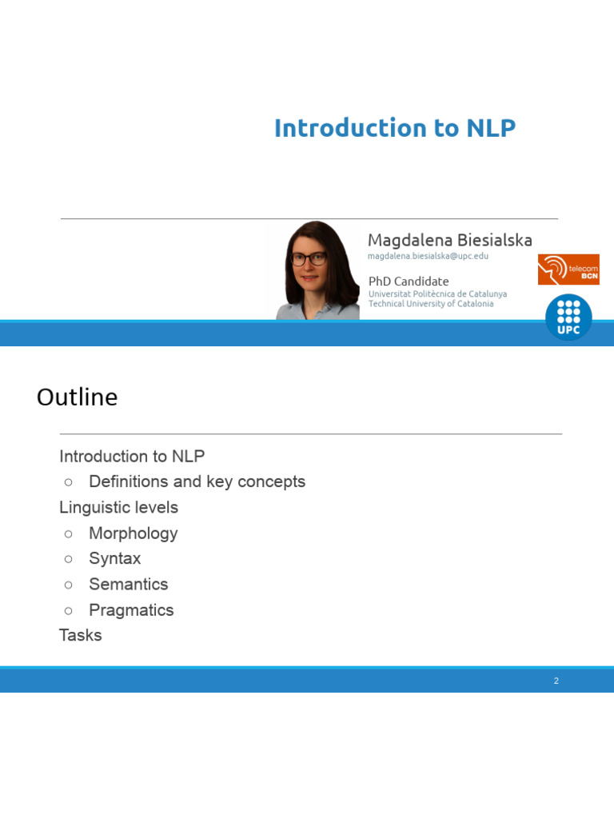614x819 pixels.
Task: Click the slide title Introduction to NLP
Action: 394,128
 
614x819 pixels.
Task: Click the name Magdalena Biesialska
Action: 449,240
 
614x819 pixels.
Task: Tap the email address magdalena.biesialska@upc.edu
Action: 428,256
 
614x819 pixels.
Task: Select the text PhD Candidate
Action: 408,281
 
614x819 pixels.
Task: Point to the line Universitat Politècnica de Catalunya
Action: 437,294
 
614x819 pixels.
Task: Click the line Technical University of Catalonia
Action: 430,304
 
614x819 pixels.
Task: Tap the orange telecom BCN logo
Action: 568,270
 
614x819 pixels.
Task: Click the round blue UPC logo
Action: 568,317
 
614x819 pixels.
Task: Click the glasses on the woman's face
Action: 309,259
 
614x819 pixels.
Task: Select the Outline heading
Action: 77,398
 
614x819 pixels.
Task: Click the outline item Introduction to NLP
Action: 132,456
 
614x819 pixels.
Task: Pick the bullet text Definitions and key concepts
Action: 197,481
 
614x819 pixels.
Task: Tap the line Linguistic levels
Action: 118,507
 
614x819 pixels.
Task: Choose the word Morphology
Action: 133,533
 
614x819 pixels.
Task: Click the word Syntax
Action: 114,558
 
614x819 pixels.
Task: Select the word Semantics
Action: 128,584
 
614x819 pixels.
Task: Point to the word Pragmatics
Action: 131,609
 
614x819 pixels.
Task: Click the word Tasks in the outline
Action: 80,635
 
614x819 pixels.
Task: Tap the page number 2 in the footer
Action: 556,681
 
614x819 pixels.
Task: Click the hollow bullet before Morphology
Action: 69,533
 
